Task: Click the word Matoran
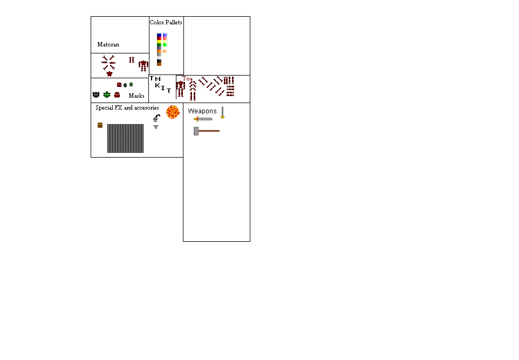tap(108, 44)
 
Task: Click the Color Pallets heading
tap(166, 22)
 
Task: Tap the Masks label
tap(136, 96)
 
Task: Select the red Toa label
tap(187, 78)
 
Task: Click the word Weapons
tap(202, 111)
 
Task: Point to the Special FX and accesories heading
tap(127, 107)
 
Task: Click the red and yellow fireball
tap(172, 112)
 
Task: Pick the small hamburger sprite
tap(100, 125)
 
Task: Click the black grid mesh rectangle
tap(125, 138)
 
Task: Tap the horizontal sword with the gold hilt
tap(203, 119)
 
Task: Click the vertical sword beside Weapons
tap(222, 113)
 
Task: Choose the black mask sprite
tap(96, 94)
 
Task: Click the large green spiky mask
tap(107, 94)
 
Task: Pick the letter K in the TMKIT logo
tap(158, 85)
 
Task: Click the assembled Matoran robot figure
tap(143, 65)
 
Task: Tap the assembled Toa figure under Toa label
tap(180, 88)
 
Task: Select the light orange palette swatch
tap(165, 51)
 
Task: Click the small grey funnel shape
tap(156, 127)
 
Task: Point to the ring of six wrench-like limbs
tap(108, 63)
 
